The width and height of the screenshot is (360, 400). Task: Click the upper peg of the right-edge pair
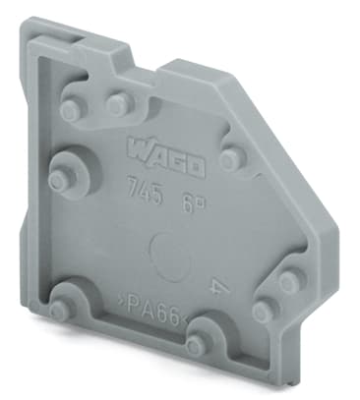pos(288,281)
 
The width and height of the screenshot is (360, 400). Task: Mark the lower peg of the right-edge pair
pos(263,311)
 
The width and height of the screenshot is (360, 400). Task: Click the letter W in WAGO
pos(138,149)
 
